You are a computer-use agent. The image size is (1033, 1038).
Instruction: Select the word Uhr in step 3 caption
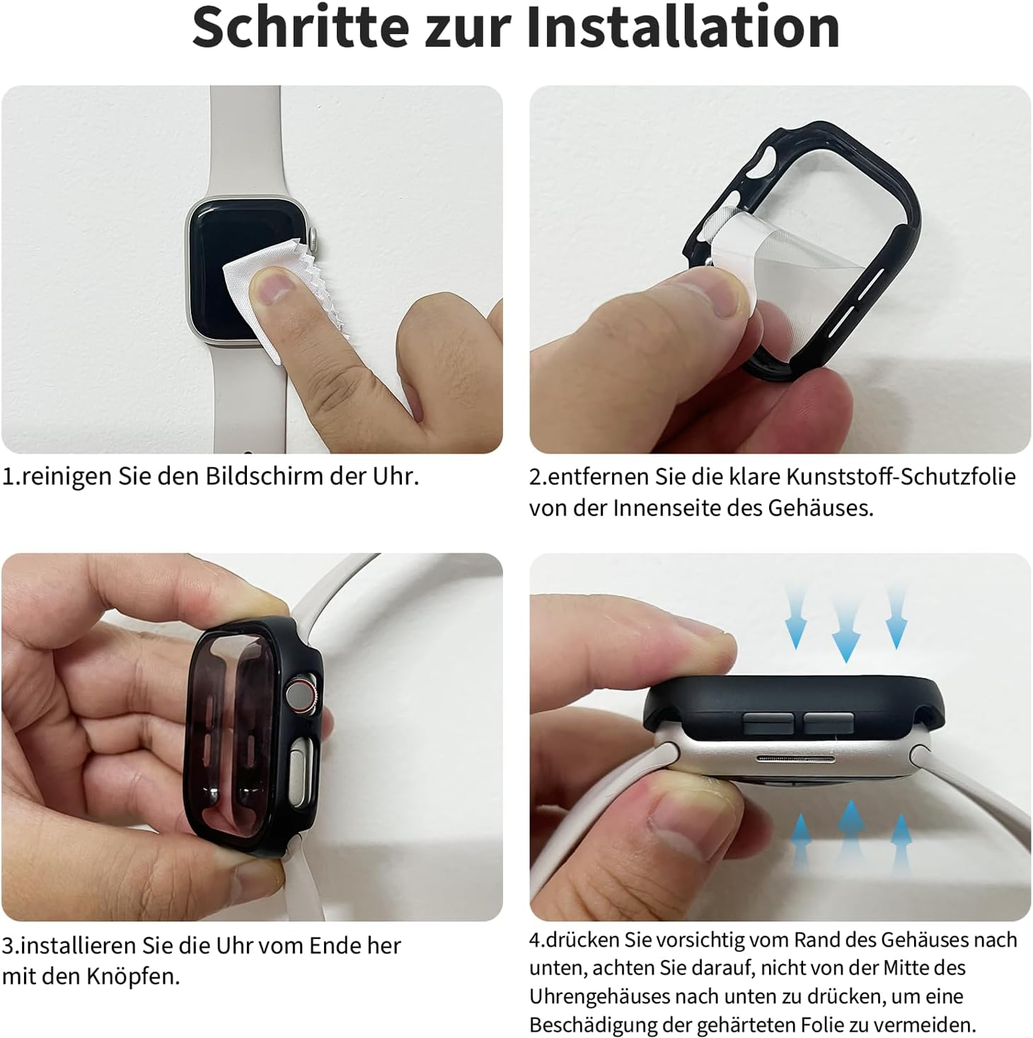pyautogui.click(x=235, y=945)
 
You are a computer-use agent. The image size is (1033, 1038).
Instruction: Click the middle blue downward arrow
pyautogui.click(x=846, y=623)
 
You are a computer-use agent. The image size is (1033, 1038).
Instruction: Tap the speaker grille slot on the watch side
pyautogui.click(x=795, y=759)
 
